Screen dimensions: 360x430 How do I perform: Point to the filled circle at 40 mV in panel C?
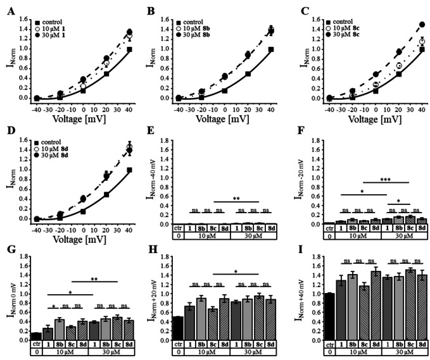click(x=404, y=25)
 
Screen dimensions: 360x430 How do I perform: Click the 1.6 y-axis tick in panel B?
click(x=166, y=11)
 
